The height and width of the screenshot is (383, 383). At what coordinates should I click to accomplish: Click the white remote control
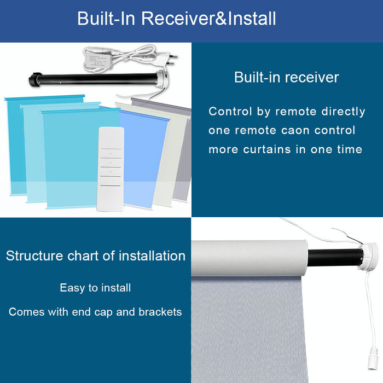tap(111, 169)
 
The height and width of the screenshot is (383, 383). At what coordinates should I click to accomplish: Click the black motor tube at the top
tap(98, 79)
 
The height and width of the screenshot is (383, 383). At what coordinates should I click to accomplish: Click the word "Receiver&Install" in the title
tap(208, 19)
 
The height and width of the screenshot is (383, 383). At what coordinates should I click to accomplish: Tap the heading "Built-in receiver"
tap(287, 77)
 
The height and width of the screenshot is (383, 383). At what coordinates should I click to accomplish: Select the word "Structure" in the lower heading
tap(34, 256)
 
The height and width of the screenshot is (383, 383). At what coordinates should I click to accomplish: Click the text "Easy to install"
tap(95, 288)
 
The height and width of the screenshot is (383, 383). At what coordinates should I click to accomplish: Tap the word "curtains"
tap(267, 149)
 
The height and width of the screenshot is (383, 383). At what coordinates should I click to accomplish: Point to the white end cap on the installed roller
tap(369, 257)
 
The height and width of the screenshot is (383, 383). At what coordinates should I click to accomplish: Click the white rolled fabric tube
tap(249, 258)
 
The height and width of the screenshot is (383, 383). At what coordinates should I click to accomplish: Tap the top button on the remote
tap(111, 154)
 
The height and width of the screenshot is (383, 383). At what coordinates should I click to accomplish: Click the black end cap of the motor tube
tap(34, 79)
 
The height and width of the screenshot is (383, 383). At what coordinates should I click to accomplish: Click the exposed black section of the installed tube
tap(334, 258)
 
